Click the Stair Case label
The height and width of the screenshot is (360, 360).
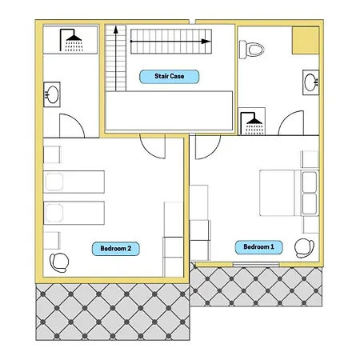pos(170,77)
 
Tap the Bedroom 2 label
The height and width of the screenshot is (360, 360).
pos(116,249)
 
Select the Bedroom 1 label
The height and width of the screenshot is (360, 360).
pos(258,247)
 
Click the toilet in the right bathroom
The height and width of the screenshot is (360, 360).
pos(251,50)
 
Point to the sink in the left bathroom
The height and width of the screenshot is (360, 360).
pos(52,94)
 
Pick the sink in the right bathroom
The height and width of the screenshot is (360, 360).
pos(311,82)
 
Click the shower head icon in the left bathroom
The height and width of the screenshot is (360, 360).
pos(71,40)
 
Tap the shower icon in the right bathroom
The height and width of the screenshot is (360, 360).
pos(252,123)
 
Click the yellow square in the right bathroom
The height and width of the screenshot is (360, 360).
pos(306,41)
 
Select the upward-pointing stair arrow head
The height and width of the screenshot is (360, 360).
pos(116,30)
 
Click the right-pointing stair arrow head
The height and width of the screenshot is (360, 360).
pos(206,42)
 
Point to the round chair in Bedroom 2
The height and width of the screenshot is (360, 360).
pos(59,262)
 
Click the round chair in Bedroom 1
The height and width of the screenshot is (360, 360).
pos(304,248)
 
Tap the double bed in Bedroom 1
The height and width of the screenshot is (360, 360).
pos(290,193)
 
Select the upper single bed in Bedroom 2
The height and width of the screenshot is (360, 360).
pos(74,182)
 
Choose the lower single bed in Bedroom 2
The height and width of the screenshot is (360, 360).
pos(74,213)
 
